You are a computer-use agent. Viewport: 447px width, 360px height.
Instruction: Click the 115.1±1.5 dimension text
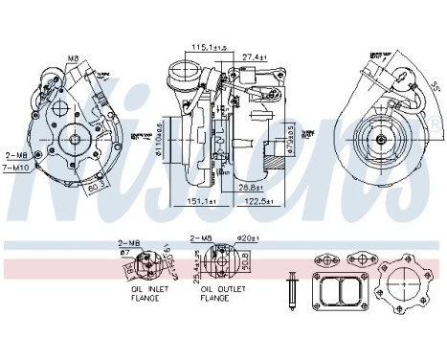[x=207, y=47]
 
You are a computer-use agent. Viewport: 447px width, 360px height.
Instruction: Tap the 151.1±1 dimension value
[x=204, y=202]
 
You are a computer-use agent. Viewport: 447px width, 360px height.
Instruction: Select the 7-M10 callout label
[x=15, y=169]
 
